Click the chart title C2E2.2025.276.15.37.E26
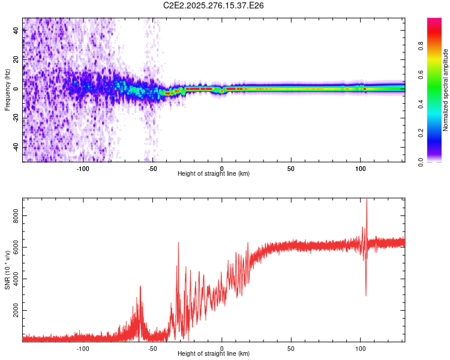[x=214, y=5]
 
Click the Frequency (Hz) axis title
[x=7, y=89]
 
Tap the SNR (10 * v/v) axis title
[x=7, y=270]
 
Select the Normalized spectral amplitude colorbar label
[x=445, y=91]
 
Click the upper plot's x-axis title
[x=214, y=174]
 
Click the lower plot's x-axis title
[x=214, y=354]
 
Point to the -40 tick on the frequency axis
[x=16, y=148]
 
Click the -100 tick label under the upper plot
[x=83, y=167]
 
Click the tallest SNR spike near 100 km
[x=366, y=200]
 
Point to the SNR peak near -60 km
[x=140, y=287]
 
